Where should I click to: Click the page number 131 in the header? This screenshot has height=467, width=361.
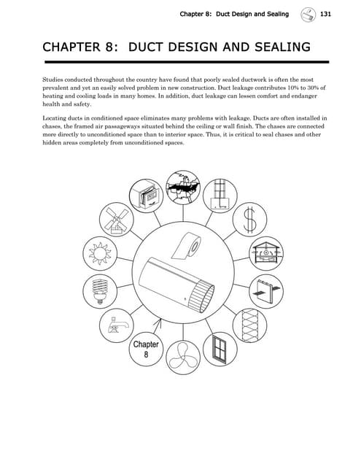325,14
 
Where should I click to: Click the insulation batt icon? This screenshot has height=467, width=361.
250,323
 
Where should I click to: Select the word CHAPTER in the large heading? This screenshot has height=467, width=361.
74,49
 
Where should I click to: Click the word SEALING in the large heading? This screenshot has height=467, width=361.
275,49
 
